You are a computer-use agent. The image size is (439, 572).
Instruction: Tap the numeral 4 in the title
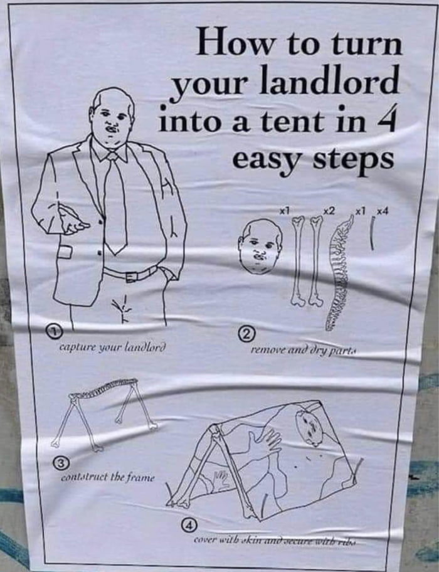384,119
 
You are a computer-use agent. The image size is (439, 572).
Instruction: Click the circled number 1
55,331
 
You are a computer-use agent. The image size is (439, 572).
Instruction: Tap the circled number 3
60,463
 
